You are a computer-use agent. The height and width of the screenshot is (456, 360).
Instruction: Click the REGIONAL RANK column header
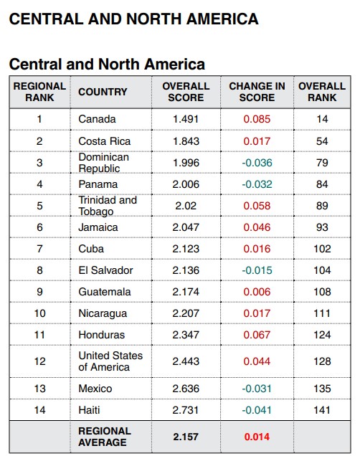point(39,92)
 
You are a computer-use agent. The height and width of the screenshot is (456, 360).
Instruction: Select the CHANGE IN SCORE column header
point(257,92)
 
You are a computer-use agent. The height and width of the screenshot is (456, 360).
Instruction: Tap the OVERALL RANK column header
point(322,92)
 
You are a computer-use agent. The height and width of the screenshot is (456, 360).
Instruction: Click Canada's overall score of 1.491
point(186,119)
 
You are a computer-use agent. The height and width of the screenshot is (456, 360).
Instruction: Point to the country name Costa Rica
point(105,141)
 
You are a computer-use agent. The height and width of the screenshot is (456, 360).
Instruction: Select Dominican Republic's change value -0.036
point(257,163)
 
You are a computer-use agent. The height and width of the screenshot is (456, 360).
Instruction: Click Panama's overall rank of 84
point(322,184)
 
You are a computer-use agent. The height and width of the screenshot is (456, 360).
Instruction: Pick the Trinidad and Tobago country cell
point(108,206)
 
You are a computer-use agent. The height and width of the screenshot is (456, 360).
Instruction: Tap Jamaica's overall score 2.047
point(186,227)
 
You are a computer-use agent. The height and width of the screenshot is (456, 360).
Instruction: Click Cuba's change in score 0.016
point(257,249)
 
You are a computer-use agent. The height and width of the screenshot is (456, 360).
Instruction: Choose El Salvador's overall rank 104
point(322,270)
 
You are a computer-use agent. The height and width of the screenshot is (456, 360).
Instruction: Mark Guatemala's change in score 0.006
point(257,292)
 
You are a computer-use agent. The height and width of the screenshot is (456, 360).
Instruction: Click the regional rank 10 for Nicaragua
point(40,313)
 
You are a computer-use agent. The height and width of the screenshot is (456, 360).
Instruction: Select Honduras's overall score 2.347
point(186,335)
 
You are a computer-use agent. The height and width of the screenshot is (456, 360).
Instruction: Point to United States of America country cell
point(110,361)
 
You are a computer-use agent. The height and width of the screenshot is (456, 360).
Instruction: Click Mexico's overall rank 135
point(322,389)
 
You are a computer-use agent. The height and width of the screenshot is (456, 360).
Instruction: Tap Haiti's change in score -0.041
point(257,410)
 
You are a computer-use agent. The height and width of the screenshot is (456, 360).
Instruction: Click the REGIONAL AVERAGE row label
point(105,437)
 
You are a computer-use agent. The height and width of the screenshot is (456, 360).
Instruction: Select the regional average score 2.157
point(186,437)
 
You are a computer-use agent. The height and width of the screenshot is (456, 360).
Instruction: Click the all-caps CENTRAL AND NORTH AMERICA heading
point(134,19)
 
